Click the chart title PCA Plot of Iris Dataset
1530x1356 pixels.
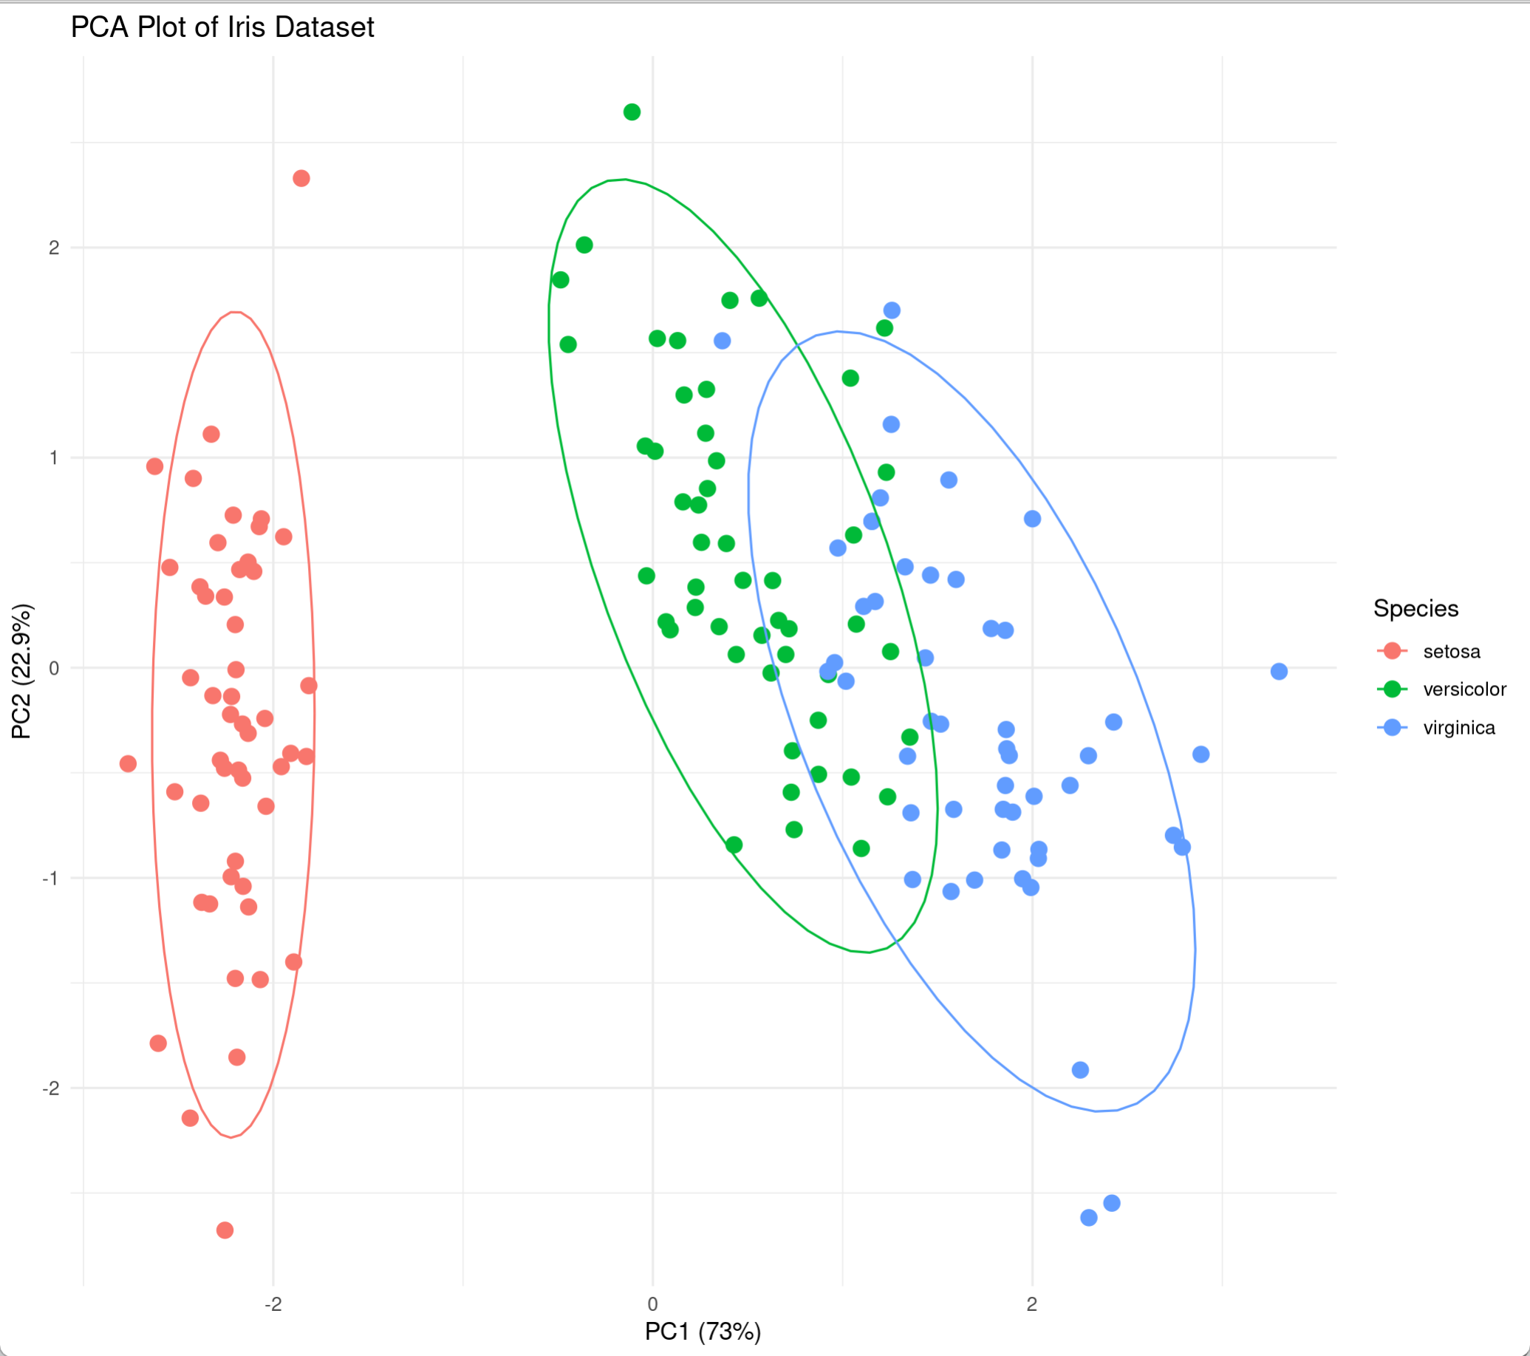coord(222,27)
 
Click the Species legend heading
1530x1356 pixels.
coord(1415,609)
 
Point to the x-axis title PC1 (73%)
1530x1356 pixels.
coord(703,1332)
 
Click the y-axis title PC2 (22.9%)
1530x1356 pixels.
coord(21,671)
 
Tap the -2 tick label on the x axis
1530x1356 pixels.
coord(273,1304)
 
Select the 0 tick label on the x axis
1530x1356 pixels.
coord(653,1304)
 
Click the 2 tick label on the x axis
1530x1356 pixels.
coord(1032,1304)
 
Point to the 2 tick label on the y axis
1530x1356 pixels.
coord(54,248)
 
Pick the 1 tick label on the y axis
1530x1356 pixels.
coord(54,457)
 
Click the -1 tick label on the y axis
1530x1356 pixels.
coord(50,879)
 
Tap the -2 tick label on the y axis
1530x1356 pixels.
coord(50,1088)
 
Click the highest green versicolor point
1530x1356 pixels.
coord(632,112)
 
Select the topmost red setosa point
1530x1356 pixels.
coord(301,178)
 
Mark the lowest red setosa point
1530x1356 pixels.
coord(225,1230)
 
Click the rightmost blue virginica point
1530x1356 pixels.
coord(1280,672)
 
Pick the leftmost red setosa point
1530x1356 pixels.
coord(128,764)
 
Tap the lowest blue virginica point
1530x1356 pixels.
coord(1089,1219)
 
